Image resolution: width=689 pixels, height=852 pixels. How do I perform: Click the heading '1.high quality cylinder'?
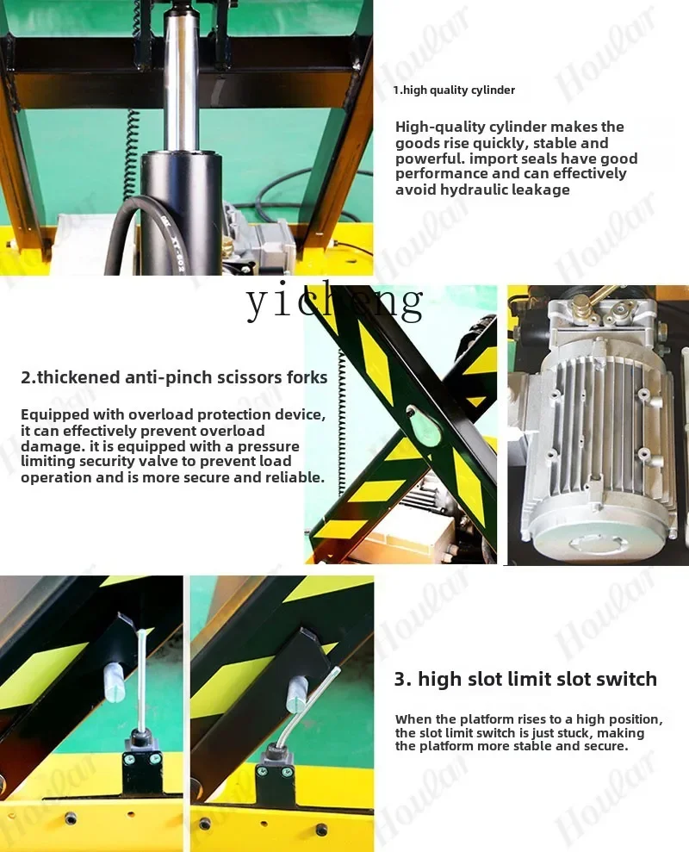click(454, 90)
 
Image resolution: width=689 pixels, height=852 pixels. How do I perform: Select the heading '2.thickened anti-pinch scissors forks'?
click(174, 377)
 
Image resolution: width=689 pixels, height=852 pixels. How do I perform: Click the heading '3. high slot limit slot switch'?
click(525, 679)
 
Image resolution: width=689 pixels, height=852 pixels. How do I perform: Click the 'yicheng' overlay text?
click(335, 302)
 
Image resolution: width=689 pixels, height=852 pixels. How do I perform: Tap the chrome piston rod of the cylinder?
click(178, 82)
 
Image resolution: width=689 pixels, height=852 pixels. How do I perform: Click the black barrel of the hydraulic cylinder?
click(183, 212)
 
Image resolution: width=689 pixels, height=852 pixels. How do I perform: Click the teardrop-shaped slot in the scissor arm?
click(419, 423)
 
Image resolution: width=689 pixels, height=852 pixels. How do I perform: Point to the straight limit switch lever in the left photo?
click(142, 679)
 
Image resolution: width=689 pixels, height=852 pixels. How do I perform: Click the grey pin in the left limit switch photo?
click(113, 682)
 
